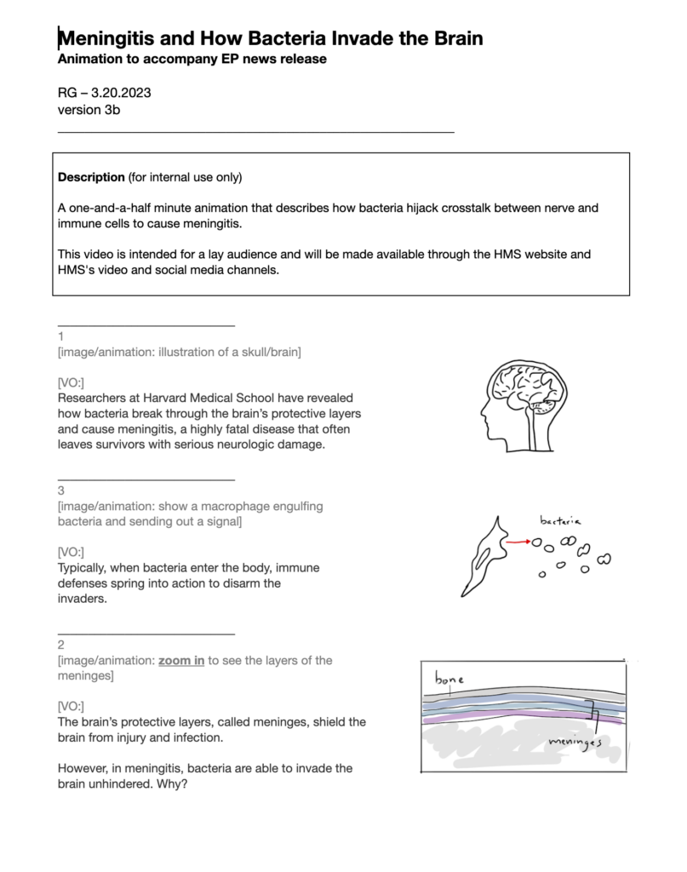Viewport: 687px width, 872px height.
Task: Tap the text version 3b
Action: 89,109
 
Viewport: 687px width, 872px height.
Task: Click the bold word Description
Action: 91,177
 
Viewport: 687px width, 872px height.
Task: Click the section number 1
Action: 61,336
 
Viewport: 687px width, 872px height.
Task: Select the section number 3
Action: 61,490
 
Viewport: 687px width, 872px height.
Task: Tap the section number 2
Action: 61,645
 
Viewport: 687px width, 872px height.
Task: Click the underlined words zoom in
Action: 181,660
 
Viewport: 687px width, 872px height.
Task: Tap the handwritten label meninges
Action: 575,744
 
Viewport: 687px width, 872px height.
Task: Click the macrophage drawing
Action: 482,559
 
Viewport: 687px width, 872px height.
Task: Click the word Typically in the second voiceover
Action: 85,567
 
